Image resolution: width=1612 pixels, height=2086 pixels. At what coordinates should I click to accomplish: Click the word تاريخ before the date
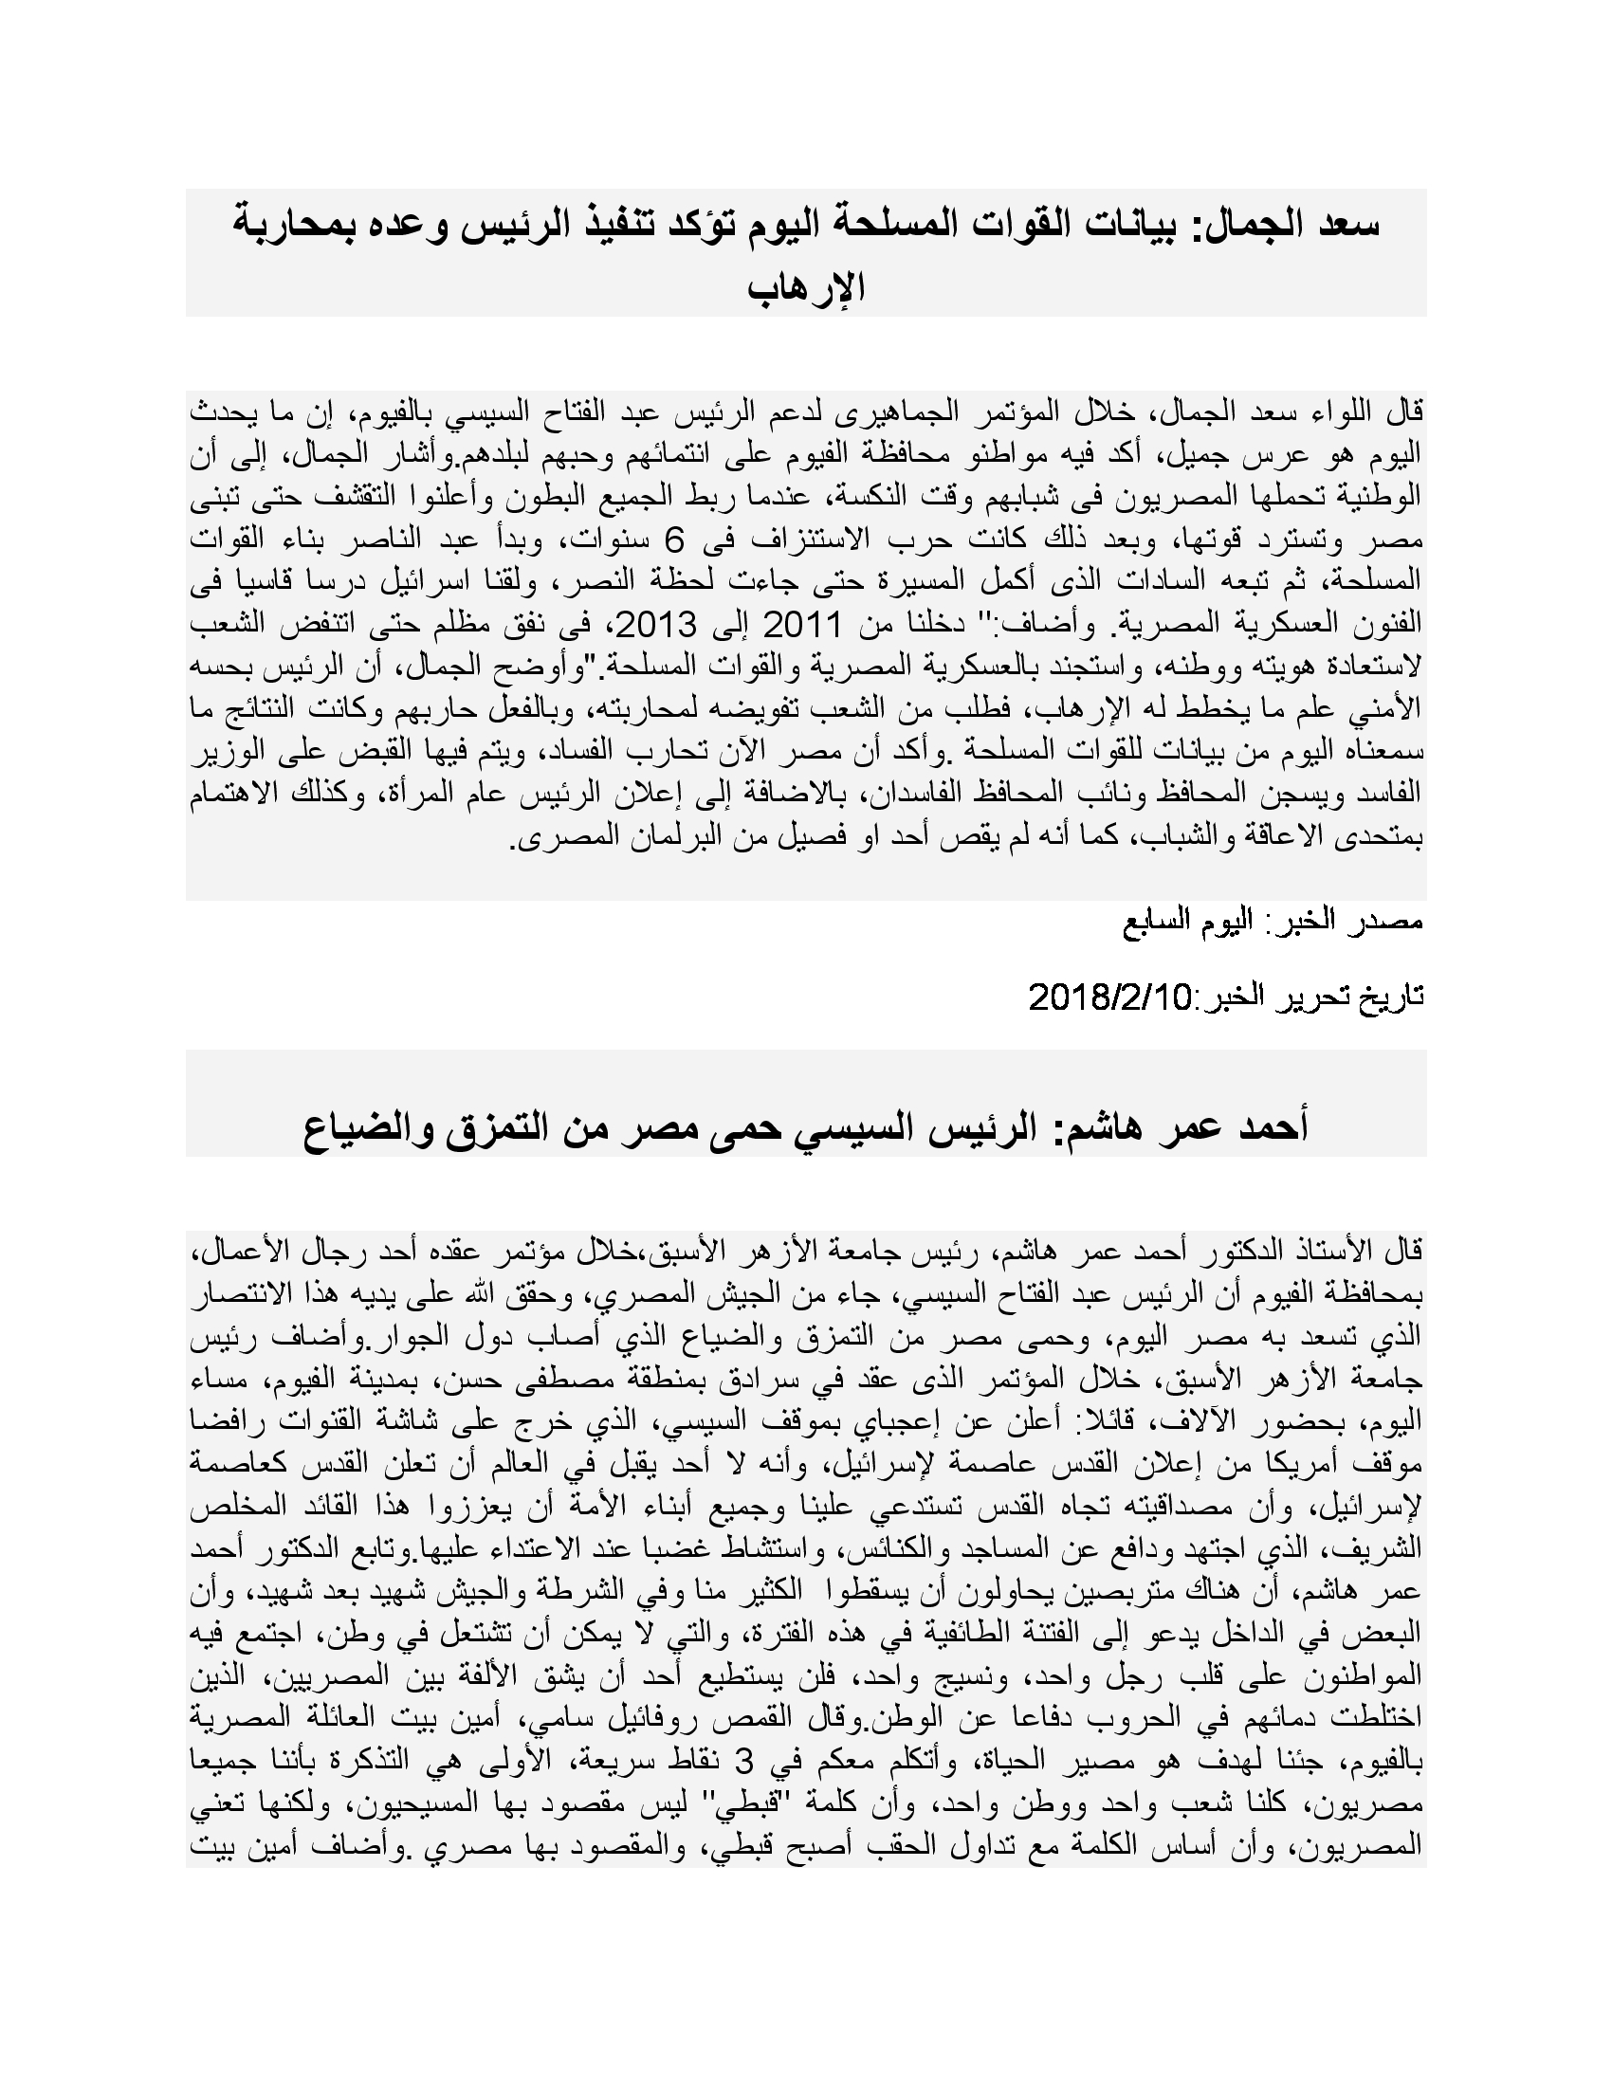click(x=1391, y=997)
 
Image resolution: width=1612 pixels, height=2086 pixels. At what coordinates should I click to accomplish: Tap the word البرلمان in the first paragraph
click(x=660, y=836)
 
